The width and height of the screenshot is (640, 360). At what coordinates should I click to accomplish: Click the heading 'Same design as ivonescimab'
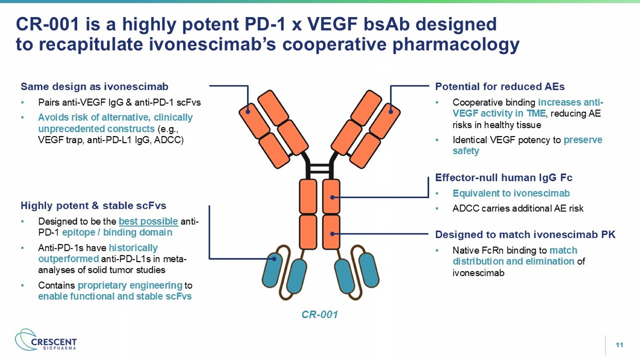point(94,87)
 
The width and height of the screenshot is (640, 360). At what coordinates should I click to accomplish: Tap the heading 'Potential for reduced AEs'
point(500,87)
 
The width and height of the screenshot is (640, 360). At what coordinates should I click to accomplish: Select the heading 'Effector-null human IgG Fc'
point(503,177)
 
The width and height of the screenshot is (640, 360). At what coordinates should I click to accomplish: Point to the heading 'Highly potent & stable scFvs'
point(93,206)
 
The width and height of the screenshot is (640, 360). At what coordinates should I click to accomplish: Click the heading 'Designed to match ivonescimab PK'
point(525,235)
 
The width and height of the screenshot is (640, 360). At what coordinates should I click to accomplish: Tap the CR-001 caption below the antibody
point(320,314)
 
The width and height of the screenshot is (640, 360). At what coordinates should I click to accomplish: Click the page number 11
point(619,345)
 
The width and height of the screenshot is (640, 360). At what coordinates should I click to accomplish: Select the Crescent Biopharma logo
point(46,340)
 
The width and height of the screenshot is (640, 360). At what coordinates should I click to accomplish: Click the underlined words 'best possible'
point(148,221)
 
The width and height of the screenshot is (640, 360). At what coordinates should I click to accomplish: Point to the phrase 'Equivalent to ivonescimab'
point(511,193)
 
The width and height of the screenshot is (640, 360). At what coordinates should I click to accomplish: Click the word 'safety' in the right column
point(465,151)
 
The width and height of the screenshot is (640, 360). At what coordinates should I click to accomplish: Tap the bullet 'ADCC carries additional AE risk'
point(518,209)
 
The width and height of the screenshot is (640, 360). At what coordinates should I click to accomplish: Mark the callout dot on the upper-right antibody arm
point(391,111)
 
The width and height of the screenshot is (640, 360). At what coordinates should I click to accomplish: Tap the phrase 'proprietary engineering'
point(130,285)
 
